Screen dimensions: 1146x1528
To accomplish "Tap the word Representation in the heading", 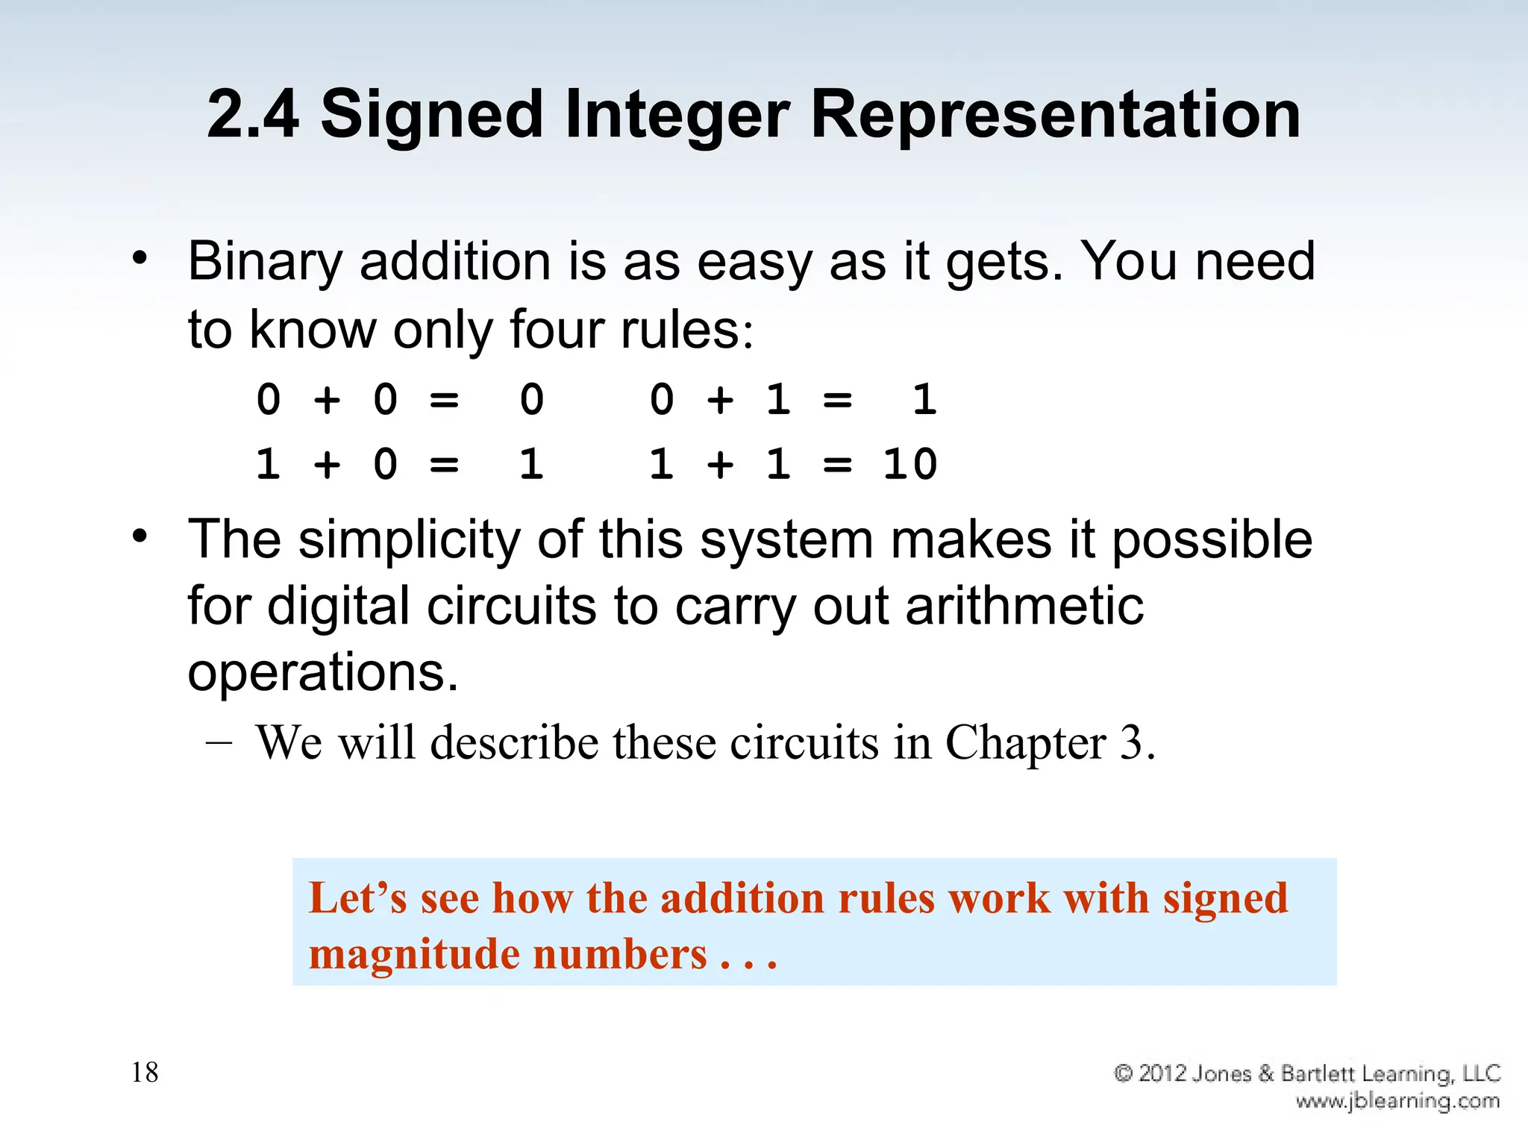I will tap(1055, 116).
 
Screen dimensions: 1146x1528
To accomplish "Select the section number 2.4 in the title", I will tap(252, 116).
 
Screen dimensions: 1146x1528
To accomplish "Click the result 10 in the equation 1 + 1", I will tap(909, 465).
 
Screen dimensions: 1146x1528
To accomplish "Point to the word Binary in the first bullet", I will tap(265, 263).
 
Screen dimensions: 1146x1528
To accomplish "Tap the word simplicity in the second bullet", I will tap(410, 539).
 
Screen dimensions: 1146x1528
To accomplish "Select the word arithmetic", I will tap(1024, 606).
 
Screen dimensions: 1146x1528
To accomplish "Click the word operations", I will tap(322, 671).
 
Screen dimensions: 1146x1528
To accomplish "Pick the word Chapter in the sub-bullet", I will tap(1026, 743).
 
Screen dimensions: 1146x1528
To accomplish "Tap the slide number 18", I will tap(145, 1073).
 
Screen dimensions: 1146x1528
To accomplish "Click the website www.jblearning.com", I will tap(1397, 1101).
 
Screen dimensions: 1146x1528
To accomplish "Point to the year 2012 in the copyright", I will tap(1162, 1074).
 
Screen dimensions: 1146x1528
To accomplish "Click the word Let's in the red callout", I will tap(357, 898).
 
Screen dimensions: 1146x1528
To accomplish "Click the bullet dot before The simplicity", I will tap(140, 536).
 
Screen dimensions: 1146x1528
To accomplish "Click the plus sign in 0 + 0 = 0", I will tap(327, 400).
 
